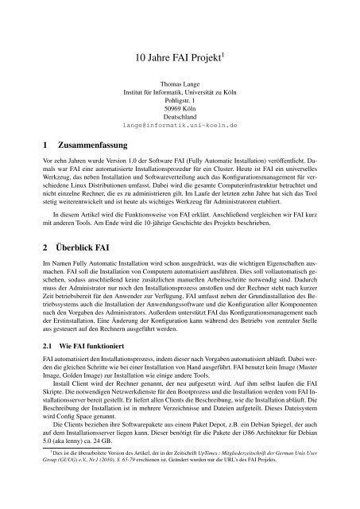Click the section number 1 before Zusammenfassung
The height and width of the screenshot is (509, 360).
[25, 147]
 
